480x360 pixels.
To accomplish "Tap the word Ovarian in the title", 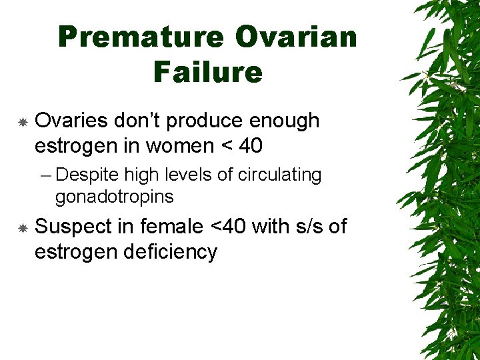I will pyautogui.click(x=296, y=37).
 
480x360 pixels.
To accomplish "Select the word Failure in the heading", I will pyautogui.click(x=208, y=72).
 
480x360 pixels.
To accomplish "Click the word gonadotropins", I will pyautogui.click(x=114, y=197).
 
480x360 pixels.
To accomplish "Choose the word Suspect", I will pyautogui.click(x=73, y=227).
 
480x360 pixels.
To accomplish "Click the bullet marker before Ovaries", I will pyautogui.click(x=22, y=122).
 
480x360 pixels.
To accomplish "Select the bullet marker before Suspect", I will pyautogui.click(x=22, y=228).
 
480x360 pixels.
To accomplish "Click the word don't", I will pyautogui.click(x=136, y=121).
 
